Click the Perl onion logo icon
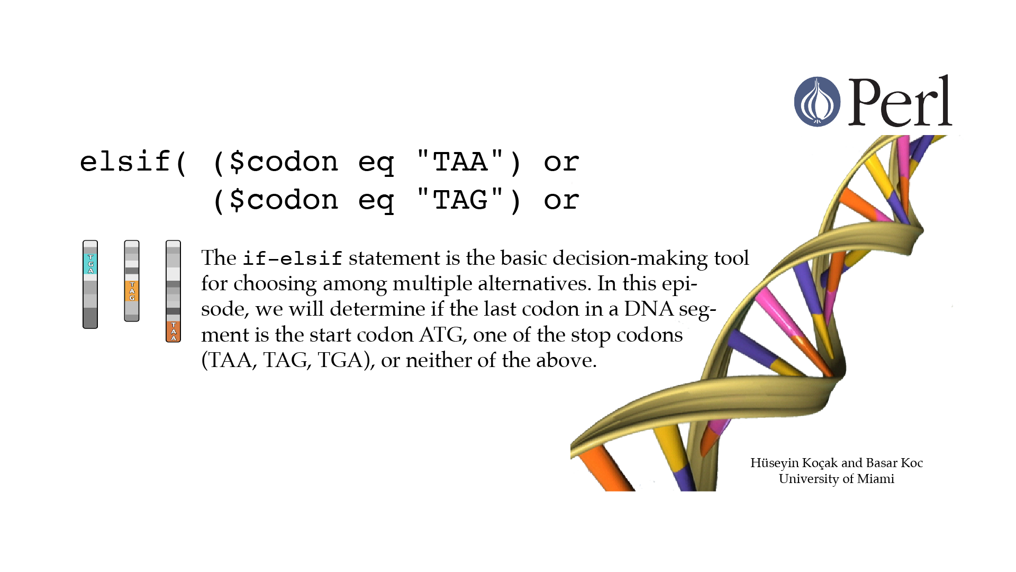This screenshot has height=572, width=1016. click(817, 102)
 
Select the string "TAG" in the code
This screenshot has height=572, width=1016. click(460, 199)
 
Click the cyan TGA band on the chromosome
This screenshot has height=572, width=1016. click(90, 264)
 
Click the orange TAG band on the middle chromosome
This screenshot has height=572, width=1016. click(132, 291)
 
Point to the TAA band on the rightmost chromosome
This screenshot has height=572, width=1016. click(173, 332)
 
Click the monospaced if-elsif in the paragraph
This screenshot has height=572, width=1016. click(293, 258)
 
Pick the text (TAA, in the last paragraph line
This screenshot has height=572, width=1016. click(229, 360)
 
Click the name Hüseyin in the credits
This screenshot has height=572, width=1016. click(774, 463)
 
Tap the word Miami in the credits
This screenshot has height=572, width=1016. click(876, 479)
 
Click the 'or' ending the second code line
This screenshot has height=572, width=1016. click(561, 200)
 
